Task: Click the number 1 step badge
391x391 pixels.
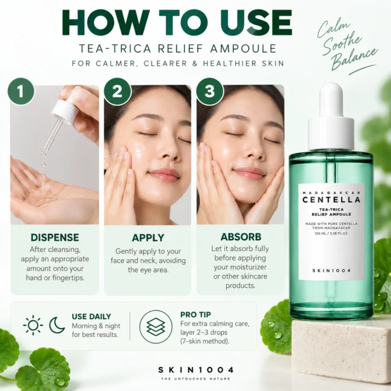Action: [21, 91]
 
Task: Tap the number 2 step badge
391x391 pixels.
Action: [117, 91]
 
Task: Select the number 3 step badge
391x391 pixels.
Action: [210, 91]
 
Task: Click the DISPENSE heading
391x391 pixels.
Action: [55, 238]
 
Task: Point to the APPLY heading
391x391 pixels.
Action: [148, 238]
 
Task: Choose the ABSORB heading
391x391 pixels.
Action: [241, 237]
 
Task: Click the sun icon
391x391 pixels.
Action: [33, 325]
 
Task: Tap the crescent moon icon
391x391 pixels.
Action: [57, 325]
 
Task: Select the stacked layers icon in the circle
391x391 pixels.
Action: [156, 327]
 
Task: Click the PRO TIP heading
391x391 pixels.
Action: [195, 315]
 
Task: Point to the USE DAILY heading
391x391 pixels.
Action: [91, 316]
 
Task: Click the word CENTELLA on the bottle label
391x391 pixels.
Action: [331, 200]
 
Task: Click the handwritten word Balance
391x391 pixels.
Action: [354, 58]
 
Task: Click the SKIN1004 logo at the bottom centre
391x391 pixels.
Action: [195, 370]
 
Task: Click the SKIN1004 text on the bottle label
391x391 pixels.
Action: [331, 271]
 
